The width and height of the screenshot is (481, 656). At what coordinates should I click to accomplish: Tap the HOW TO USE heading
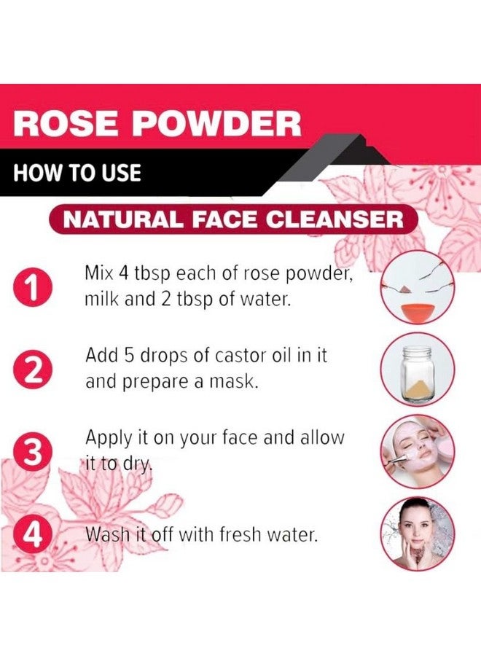(77, 173)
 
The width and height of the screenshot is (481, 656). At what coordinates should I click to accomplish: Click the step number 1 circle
(34, 288)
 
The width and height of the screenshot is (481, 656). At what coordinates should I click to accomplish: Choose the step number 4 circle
(34, 535)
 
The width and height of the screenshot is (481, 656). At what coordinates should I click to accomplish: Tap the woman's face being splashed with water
(416, 531)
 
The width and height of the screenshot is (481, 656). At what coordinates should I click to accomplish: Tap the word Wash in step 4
(107, 535)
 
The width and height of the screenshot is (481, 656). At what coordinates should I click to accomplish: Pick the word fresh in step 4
(240, 535)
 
